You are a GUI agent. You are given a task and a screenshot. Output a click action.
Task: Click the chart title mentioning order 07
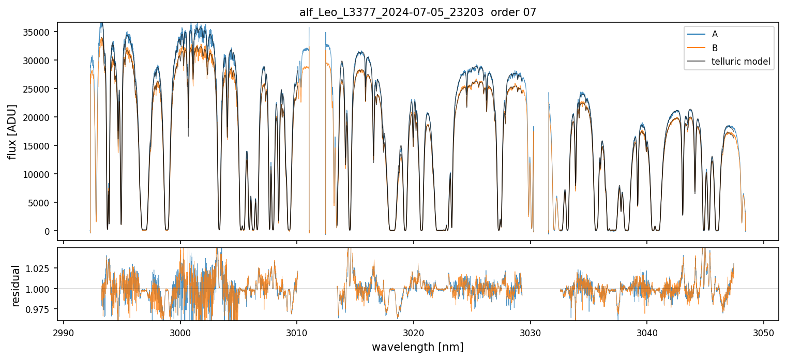[418, 12]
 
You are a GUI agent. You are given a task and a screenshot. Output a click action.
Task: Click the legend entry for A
[715, 35]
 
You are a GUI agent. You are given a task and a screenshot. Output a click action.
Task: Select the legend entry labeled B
[715, 48]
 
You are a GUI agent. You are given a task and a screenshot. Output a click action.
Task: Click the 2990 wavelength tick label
[64, 332]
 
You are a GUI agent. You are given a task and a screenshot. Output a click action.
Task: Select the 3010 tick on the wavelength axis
[297, 332]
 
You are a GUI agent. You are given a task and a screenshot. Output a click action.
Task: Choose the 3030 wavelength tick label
[531, 332]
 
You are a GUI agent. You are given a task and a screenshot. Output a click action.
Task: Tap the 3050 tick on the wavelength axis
[764, 332]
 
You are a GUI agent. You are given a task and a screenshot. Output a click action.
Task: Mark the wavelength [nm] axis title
[418, 347]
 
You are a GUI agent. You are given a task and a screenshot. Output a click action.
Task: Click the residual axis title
[16, 286]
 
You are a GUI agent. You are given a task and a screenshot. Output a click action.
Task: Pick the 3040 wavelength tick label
[647, 332]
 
